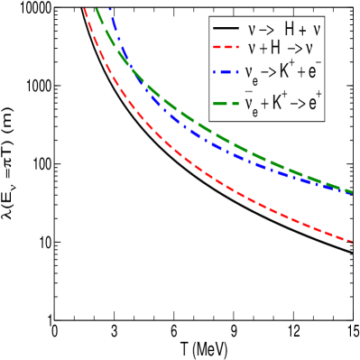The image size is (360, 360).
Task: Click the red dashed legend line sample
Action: pos(226,46)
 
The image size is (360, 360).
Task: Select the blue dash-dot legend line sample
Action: pos(226,72)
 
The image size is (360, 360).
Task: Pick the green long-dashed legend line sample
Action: pos(226,104)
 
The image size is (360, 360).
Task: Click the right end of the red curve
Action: pos(352,242)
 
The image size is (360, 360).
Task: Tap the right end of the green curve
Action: pos(352,191)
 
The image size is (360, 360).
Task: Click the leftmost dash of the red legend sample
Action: pos(217,46)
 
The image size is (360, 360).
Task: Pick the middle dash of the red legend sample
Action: pos(227,46)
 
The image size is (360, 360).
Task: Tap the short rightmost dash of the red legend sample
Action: pos(237,46)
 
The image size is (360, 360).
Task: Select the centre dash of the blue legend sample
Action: pos(226,72)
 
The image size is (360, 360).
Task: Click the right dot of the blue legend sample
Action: pos(238,72)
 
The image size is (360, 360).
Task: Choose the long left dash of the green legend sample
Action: pos(220,104)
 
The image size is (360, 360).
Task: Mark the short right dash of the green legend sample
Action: pos(236,104)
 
